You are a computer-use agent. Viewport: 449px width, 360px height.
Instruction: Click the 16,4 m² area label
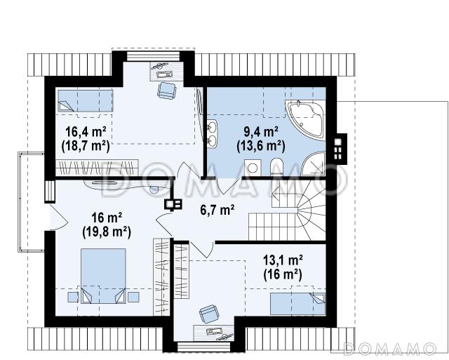pos(86,133)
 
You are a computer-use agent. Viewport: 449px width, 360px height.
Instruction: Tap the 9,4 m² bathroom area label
pos(261,132)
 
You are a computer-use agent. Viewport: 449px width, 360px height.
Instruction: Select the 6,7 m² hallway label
pos(217,211)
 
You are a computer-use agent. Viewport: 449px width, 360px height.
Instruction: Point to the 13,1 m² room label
pos(283,261)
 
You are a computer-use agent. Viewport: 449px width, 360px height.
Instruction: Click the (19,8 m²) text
pos(107,232)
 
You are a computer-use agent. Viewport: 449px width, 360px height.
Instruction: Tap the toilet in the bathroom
pos(276,167)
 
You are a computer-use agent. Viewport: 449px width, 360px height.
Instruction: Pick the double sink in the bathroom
pos(212,134)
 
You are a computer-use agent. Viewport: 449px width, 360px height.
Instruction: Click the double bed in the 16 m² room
pos(103,276)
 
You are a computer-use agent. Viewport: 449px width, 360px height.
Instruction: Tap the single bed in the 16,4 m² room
pos(86,101)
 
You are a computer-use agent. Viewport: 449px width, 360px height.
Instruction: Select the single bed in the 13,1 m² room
pos(297,304)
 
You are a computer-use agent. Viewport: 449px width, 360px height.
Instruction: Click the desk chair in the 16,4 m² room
pos(166,91)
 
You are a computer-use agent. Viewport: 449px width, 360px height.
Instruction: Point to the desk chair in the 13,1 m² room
pos(209,313)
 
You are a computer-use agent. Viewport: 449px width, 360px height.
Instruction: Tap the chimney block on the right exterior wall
pos(340,149)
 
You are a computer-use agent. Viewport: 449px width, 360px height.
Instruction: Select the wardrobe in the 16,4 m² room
pos(97,168)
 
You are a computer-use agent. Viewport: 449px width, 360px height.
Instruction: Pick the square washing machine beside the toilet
pos(253,168)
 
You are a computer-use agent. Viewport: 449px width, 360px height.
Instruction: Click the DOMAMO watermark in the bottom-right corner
pos(389,349)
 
